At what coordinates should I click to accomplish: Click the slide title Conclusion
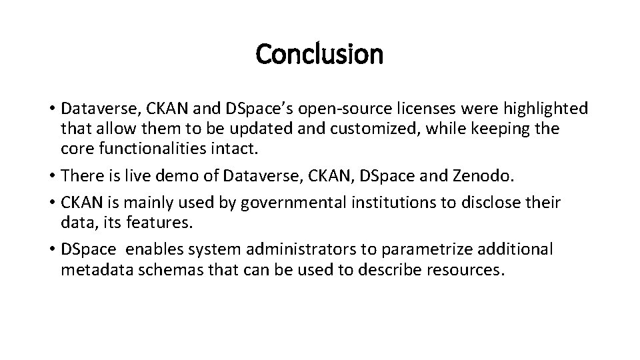click(319, 55)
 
